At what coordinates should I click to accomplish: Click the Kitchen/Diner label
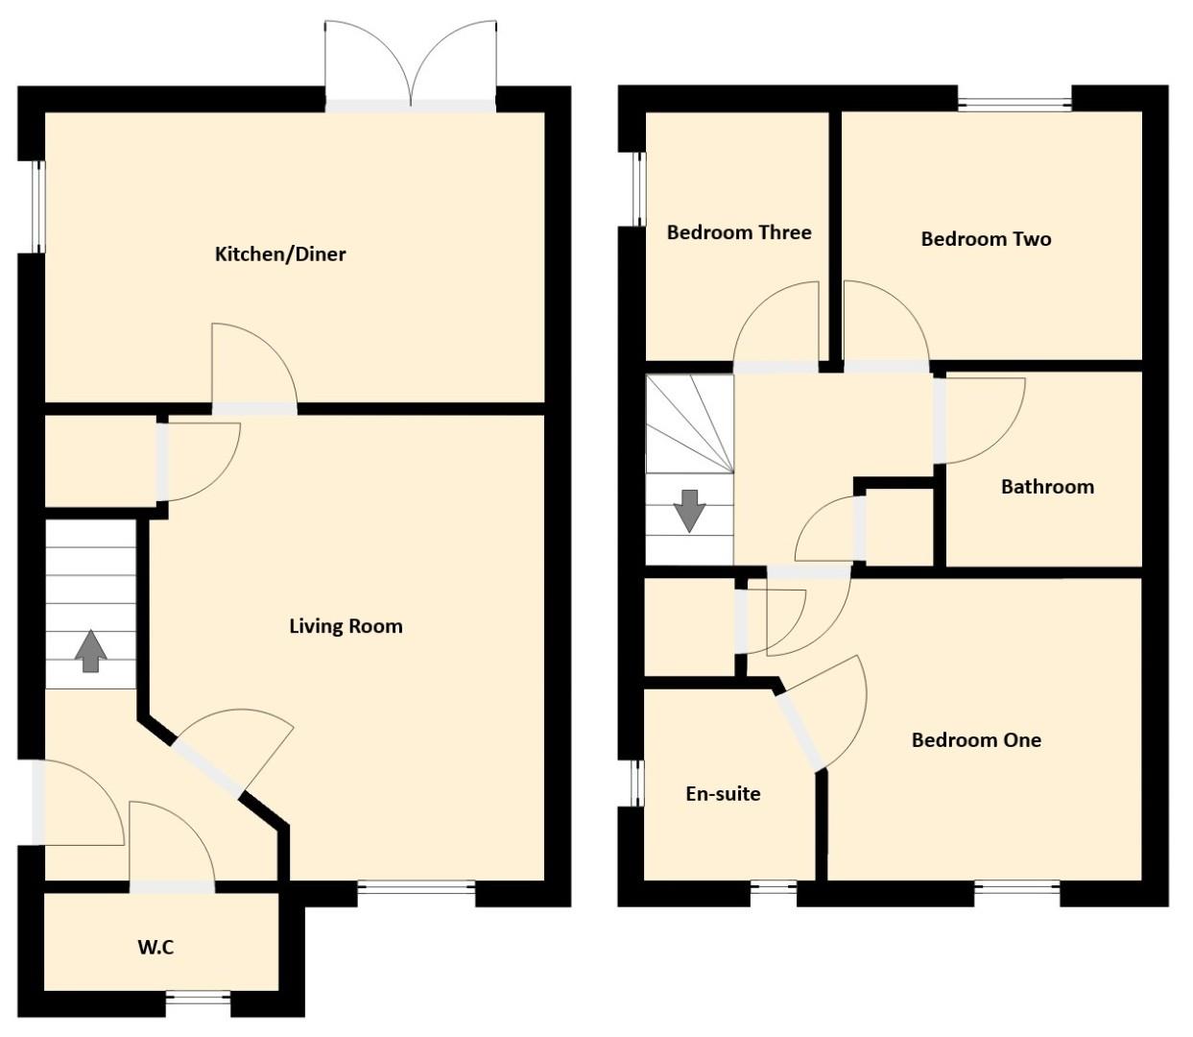[x=280, y=254]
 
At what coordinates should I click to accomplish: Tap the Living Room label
[x=346, y=626]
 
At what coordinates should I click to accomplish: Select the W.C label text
[x=155, y=948]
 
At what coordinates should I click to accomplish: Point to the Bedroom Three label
[x=739, y=232]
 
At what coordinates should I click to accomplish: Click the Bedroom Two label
[x=986, y=239]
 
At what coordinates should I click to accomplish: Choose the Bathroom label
[x=1047, y=487]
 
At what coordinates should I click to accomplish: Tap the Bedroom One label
[x=976, y=740]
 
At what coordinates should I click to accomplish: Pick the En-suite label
[x=723, y=794]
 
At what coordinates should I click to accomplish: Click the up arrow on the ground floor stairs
[x=90, y=651]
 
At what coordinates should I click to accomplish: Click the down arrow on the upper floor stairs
[x=689, y=512]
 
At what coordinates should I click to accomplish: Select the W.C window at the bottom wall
[x=199, y=1002]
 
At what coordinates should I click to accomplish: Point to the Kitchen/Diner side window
[x=39, y=207]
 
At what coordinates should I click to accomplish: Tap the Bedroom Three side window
[x=640, y=189]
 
